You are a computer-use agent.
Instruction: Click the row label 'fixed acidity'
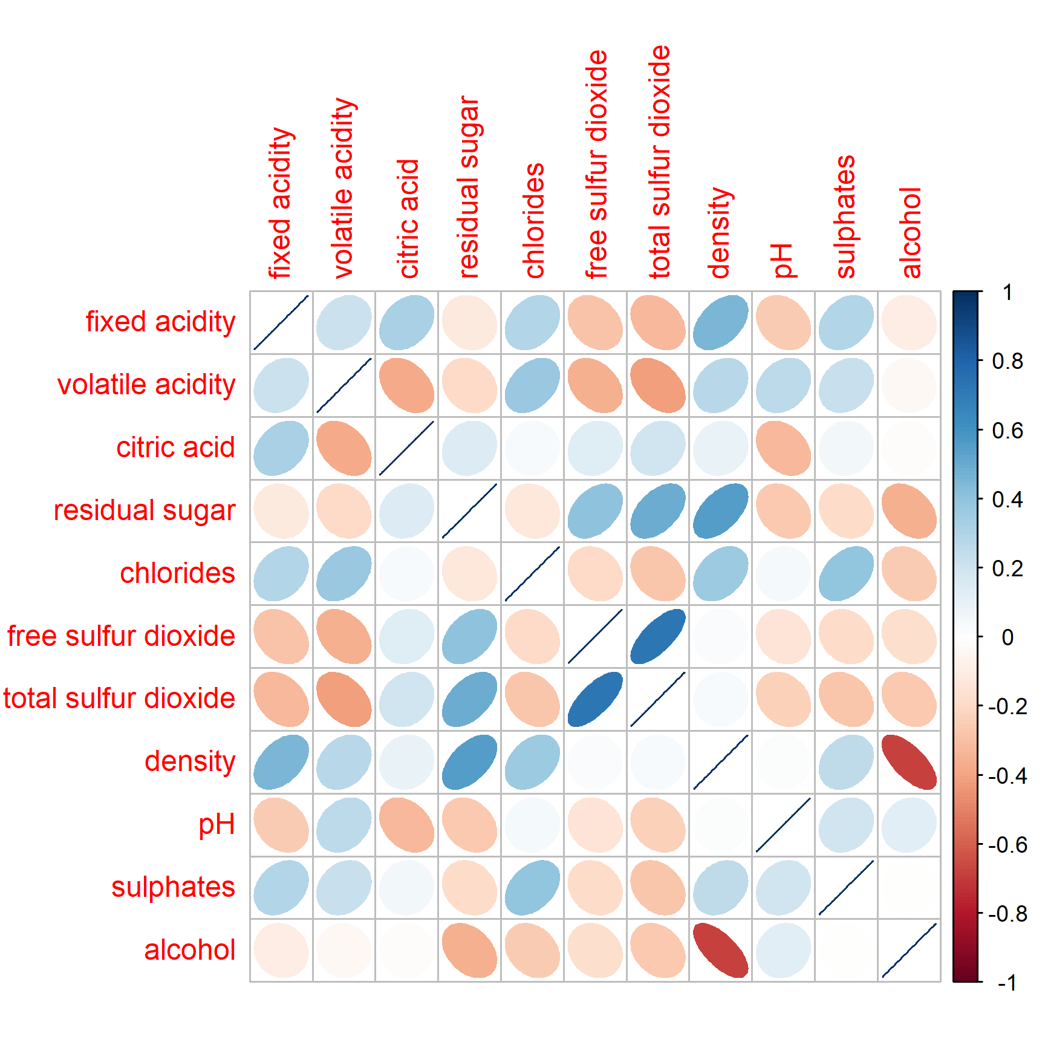(160, 322)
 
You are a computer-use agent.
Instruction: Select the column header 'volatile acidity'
(343, 188)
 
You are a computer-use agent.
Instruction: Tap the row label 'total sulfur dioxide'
(119, 698)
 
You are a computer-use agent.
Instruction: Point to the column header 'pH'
(783, 261)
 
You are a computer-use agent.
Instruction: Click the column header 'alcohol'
(910, 233)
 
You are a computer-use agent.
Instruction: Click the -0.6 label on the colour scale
(1008, 844)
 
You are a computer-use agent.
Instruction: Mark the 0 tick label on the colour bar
(1008, 637)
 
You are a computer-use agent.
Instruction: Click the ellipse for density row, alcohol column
(910, 762)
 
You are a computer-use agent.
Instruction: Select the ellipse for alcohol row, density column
(721, 951)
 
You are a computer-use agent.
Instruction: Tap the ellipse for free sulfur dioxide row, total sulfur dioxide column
(658, 636)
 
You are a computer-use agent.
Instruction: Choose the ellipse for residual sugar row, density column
(721, 511)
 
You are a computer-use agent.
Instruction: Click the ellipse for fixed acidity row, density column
(721, 322)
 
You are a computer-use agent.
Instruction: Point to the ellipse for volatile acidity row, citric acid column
(406, 385)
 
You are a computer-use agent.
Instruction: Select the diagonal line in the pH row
(784, 825)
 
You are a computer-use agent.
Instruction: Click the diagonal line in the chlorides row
(532, 574)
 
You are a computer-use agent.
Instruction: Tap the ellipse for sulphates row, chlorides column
(532, 888)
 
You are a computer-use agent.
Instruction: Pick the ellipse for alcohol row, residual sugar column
(469, 951)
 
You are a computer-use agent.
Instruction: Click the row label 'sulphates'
(173, 887)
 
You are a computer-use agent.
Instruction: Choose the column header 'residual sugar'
(469, 187)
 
